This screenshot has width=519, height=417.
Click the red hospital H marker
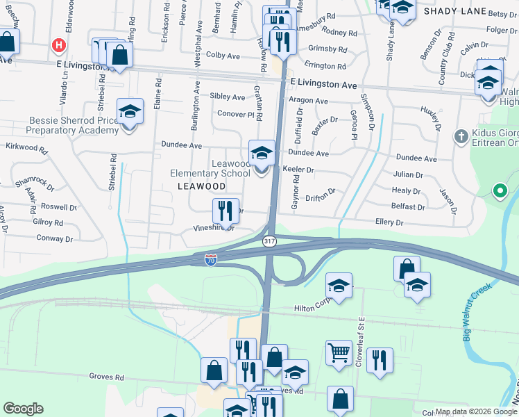[x=59, y=47]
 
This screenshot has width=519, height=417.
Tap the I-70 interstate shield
[x=211, y=259]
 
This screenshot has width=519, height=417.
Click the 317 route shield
[x=270, y=240]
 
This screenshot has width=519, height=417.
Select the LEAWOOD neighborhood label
[x=201, y=186]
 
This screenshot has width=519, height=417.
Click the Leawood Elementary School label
[x=211, y=168]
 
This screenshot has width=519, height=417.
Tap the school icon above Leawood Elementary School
[x=262, y=154]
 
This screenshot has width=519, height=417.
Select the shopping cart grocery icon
[x=339, y=352]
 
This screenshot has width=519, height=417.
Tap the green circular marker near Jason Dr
[x=498, y=190]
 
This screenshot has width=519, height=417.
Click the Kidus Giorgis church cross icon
[x=461, y=137]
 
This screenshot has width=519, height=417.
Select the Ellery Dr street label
[x=389, y=222]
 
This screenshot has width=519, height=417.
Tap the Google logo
[x=23, y=409]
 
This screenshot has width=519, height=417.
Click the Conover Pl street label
[x=237, y=114]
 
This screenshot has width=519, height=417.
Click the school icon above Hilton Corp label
[x=339, y=286]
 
